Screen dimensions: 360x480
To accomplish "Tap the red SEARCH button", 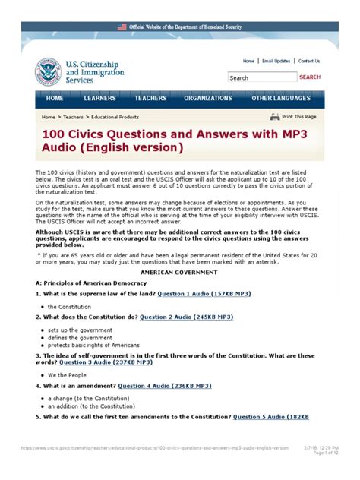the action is (309, 77).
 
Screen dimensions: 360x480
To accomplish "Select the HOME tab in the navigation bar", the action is (55, 99).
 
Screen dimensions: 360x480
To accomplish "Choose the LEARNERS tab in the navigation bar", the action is (100, 99).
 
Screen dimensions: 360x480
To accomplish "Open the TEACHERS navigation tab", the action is (150, 99).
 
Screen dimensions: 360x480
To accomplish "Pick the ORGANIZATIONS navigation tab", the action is (208, 99).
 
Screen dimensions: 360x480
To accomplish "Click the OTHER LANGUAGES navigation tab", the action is (281, 99).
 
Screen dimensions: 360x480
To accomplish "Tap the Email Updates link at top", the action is (276, 61).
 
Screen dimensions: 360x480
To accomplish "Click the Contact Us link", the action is (309, 61).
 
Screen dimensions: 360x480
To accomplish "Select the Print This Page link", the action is (298, 117).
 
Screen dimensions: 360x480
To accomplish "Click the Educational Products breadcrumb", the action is (115, 118).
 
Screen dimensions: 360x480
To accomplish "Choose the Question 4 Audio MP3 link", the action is (165, 386).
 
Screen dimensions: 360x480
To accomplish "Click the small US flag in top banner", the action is (122, 27).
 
